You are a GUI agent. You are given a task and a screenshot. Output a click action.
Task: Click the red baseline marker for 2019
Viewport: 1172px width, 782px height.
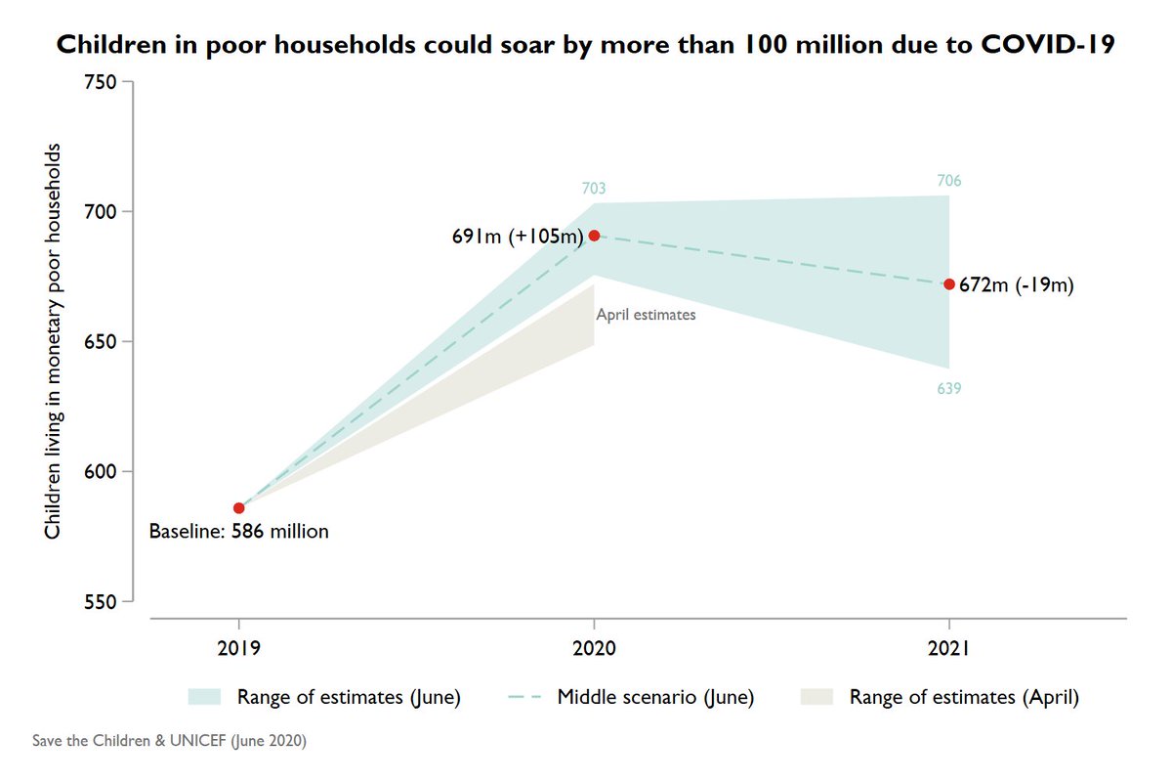click(x=239, y=508)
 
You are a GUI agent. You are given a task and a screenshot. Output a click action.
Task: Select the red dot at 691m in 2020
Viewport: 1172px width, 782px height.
click(x=594, y=236)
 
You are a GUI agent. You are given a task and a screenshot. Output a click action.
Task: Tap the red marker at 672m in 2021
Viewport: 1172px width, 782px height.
click(x=948, y=284)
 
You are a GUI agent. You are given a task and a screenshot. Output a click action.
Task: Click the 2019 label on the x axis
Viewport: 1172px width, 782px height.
click(x=239, y=648)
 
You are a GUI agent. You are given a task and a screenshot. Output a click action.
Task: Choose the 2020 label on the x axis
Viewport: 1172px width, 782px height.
click(x=594, y=648)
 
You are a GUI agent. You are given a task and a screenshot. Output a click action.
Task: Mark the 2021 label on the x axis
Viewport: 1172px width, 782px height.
click(x=948, y=648)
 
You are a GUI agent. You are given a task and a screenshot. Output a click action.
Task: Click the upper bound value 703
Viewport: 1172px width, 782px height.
click(x=594, y=189)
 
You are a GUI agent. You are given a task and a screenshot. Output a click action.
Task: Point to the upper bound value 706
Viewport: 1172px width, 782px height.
click(x=948, y=181)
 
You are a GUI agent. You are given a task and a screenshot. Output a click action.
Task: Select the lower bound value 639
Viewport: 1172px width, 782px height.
click(x=948, y=389)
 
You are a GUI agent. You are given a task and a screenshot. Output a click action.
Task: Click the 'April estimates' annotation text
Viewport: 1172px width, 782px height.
click(x=646, y=316)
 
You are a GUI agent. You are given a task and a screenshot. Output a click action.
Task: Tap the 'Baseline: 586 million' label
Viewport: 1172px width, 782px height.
click(x=238, y=533)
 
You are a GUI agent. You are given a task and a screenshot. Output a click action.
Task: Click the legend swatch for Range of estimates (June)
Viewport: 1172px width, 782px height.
click(x=207, y=697)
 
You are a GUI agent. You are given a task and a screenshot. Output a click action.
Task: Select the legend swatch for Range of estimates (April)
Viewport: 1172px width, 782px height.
click(x=818, y=697)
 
